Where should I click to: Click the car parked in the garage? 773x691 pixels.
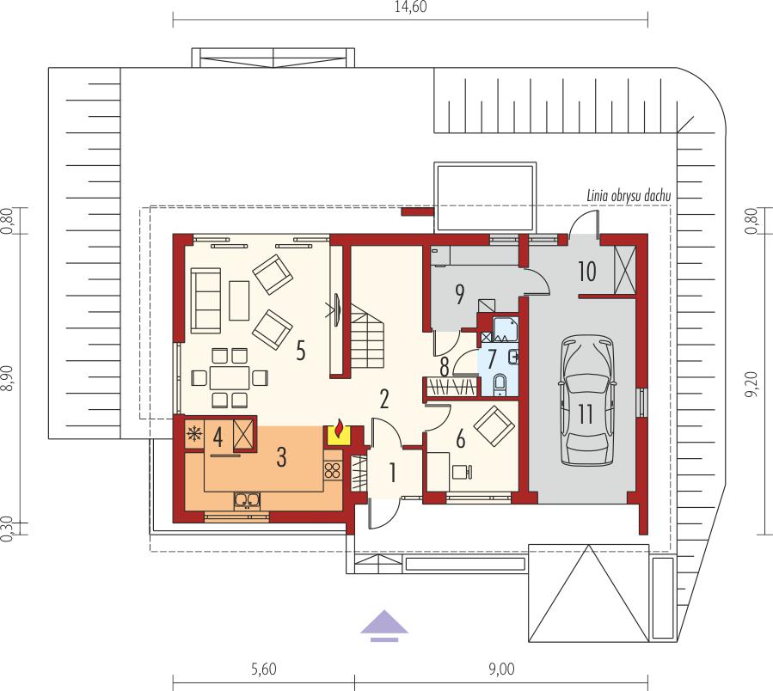[586, 401]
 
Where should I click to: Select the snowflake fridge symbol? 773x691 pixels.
[194, 434]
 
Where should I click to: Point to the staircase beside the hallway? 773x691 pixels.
[368, 336]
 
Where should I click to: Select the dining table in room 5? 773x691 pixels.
[230, 378]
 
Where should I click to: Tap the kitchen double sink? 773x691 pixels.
[248, 500]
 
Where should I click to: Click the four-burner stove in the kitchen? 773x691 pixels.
[333, 470]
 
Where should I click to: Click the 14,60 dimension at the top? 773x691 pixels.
[410, 6]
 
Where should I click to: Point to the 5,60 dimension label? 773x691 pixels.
[264, 669]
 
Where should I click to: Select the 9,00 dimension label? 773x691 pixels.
[501, 669]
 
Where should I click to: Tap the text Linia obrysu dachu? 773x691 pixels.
[629, 196]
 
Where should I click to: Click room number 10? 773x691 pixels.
[586, 271]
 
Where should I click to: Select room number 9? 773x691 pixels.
[459, 295]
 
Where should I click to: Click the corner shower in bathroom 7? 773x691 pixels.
[505, 329]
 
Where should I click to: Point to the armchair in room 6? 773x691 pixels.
[494, 426]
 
